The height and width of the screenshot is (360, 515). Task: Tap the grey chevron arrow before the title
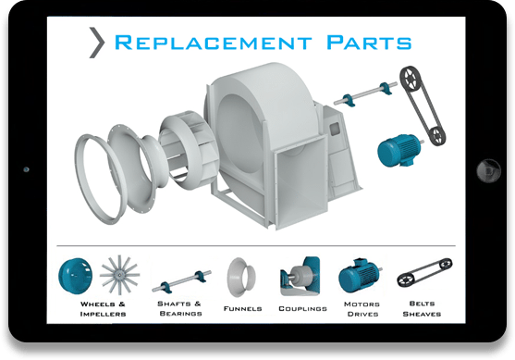[95, 43]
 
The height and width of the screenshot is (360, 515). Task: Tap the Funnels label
[242, 307]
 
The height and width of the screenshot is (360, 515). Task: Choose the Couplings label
[302, 307]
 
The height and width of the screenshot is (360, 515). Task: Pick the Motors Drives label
[361, 307]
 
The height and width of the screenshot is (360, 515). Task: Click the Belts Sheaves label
[422, 307]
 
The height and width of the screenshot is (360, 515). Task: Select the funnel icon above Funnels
[243, 275]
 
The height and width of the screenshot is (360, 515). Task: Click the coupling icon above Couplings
[300, 275]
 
